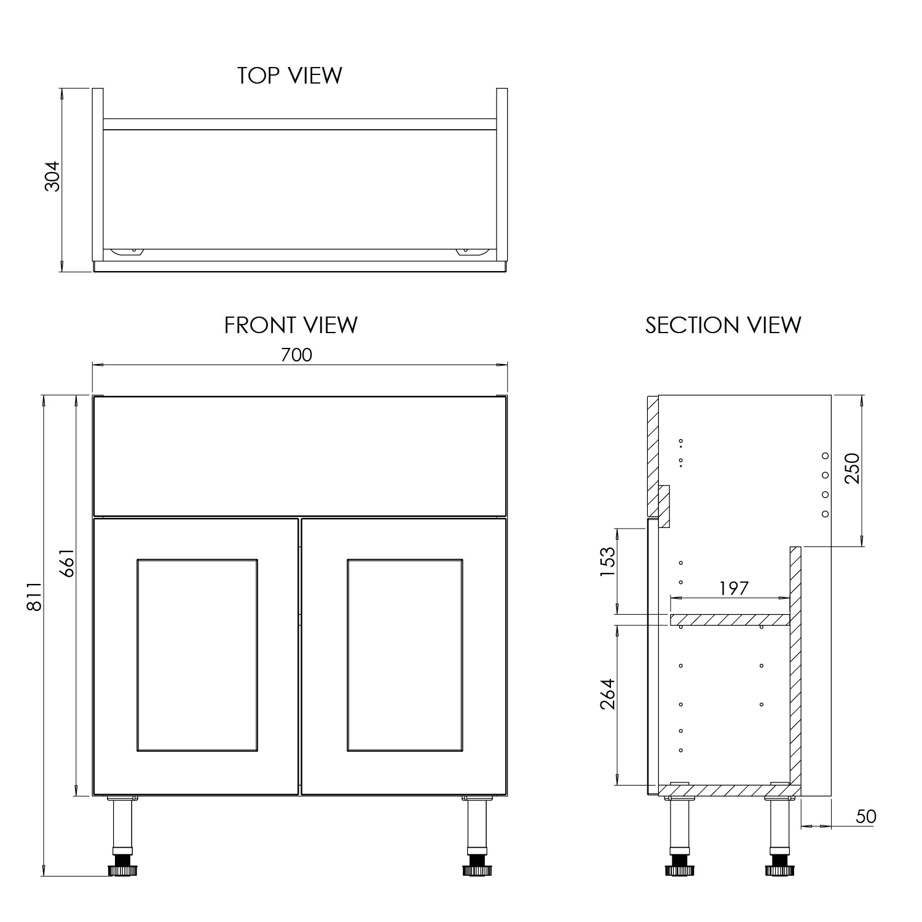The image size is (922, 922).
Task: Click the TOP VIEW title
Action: coord(290,76)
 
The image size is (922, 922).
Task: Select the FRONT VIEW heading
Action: coord(291,325)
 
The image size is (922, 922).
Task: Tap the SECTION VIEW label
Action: coord(723,325)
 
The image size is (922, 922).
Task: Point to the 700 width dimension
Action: coord(296,355)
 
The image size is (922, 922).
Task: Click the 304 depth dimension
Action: coord(53,176)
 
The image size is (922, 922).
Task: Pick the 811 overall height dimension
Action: coord(34,596)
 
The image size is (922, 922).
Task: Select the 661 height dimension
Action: coord(67,562)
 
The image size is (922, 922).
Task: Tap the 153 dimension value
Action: coord(607,561)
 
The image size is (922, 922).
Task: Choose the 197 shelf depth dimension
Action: coord(734,588)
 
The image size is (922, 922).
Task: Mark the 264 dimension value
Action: coord(607,694)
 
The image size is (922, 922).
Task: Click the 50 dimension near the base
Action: coord(865,817)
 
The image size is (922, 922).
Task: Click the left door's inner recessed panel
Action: coord(197,655)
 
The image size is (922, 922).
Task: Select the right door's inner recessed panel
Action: coord(404,655)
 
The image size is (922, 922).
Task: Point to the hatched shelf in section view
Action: coord(729,620)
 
